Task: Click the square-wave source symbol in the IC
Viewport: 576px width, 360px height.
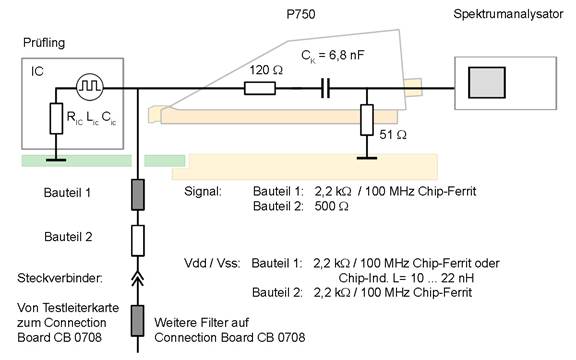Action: click(x=90, y=87)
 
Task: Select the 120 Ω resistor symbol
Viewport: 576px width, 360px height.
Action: click(x=260, y=89)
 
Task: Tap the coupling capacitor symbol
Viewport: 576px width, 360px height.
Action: click(x=325, y=89)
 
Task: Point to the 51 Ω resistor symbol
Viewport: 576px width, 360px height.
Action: click(x=367, y=120)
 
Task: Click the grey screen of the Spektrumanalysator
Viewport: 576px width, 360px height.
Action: click(x=487, y=82)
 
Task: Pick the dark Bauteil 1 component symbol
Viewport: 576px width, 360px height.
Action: click(x=138, y=195)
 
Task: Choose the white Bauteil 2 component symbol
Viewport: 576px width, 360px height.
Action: click(x=138, y=241)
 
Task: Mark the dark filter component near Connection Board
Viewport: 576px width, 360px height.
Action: click(x=138, y=321)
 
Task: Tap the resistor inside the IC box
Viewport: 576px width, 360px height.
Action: click(x=56, y=119)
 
